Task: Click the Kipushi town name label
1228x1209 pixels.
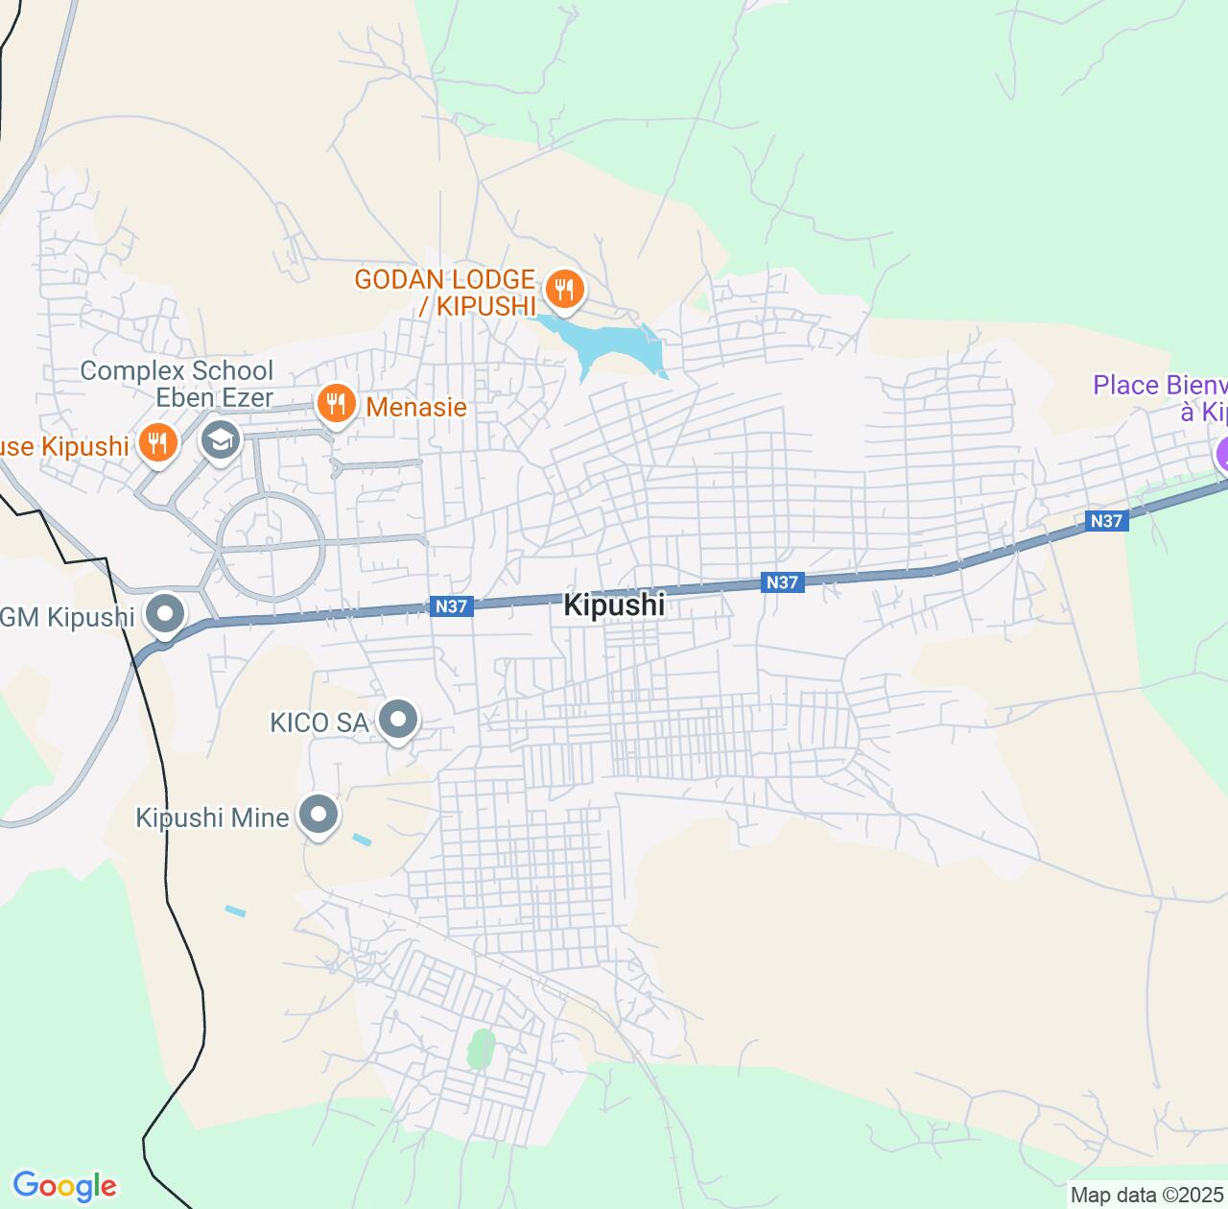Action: pos(614,605)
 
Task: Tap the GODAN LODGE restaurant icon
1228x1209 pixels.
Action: pos(564,288)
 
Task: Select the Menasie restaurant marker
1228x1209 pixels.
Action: pos(335,404)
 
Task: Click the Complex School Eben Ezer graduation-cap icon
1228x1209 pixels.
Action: pos(221,440)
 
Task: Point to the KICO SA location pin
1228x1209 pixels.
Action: pos(398,719)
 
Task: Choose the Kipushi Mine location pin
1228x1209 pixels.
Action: pos(319,815)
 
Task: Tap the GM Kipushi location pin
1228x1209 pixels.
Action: pos(165,613)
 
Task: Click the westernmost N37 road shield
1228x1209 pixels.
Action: pos(451,606)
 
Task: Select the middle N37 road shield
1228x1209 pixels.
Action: pos(782,582)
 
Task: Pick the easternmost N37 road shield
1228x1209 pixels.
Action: pos(1106,521)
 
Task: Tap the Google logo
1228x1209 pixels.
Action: pos(64,1186)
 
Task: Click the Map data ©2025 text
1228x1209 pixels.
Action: pos(1147,1196)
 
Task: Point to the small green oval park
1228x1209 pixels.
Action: pos(480,1049)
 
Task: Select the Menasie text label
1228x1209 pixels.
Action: pos(416,407)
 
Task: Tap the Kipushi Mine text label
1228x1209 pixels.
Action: pos(212,818)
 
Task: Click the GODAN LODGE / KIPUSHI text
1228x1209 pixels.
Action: pos(444,293)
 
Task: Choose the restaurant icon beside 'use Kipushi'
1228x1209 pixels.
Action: pos(157,443)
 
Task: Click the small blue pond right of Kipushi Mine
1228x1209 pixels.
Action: pos(362,840)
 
